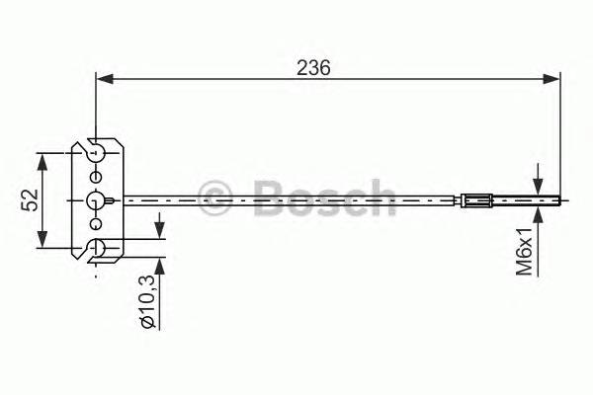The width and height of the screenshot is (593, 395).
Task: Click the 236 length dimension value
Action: click(312, 66)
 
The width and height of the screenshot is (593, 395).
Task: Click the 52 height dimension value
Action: click(30, 200)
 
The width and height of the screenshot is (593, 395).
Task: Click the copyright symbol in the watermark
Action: click(214, 195)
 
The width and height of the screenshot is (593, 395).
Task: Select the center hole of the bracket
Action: click(95, 199)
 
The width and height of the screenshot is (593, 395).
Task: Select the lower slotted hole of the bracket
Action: click(96, 249)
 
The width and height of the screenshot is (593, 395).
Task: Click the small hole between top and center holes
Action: click(95, 175)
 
